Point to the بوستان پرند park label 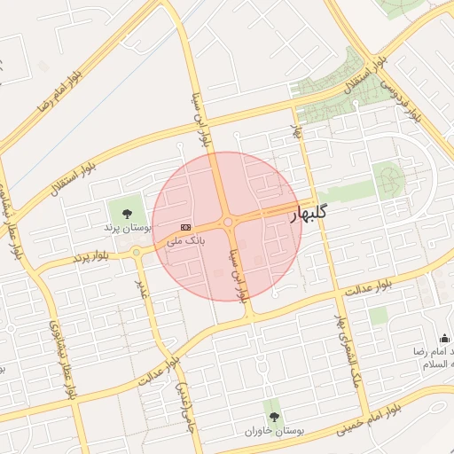(x=123, y=227)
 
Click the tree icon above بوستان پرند (x=126, y=212)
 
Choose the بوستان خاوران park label (x=274, y=430)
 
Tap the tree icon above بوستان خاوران (x=272, y=415)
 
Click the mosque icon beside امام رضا (x=444, y=338)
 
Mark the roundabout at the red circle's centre (x=228, y=223)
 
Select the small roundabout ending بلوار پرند (x=136, y=253)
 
